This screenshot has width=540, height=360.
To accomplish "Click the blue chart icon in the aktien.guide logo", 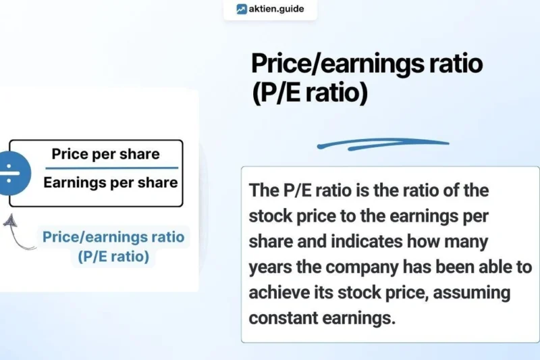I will point(242,9).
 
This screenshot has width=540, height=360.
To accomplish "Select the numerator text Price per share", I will point(106,153).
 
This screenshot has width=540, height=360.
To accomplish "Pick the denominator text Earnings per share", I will point(111,182).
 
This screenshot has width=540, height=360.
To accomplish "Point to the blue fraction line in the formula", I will point(111,168).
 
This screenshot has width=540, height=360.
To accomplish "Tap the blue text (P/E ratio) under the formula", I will point(113,257).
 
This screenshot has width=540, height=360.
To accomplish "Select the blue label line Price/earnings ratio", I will point(113,238).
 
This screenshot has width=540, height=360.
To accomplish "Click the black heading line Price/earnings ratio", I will point(367,65).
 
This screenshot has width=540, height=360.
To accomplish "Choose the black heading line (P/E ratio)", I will point(310,94).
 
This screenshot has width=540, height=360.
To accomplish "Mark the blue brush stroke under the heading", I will point(383,143).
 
